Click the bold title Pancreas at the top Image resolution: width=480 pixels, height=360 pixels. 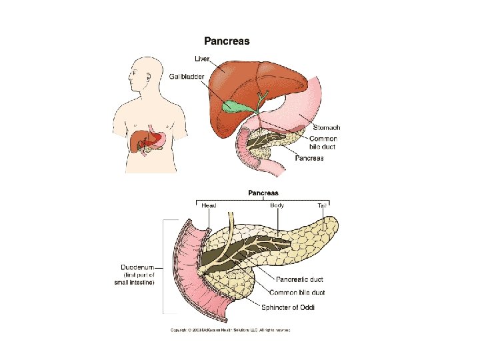coord(227,41)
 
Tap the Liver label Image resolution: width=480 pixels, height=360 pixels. coord(202,59)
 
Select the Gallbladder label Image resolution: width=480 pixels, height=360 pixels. coord(186,76)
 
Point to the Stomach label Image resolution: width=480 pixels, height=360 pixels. coord(327,127)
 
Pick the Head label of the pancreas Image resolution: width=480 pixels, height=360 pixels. coord(209,206)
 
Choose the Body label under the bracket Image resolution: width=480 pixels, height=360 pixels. coord(277,205)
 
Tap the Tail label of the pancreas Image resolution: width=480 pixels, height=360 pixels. coord(323,206)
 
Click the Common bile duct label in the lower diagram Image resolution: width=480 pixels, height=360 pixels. coord(297,293)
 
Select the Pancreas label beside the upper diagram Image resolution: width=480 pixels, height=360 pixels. coord(309,158)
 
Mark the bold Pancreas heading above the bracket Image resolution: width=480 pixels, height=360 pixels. coord(263,193)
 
